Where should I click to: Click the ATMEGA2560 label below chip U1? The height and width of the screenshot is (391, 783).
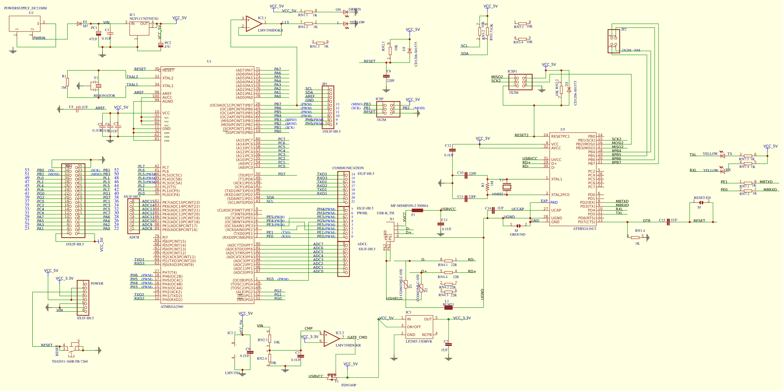pyautogui.click(x=171, y=307)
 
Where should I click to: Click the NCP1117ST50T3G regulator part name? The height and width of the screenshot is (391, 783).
pyautogui.click(x=144, y=19)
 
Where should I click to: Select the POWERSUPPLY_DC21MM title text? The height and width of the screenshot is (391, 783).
pyautogui.click(x=26, y=8)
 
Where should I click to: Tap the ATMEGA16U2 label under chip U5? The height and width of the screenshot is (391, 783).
pyautogui.click(x=584, y=229)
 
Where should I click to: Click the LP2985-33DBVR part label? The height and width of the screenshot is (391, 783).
pyautogui.click(x=419, y=342)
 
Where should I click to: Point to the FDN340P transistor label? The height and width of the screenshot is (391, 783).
pyautogui.click(x=349, y=385)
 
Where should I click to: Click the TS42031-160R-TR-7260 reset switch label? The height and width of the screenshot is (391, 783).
pyautogui.click(x=70, y=361)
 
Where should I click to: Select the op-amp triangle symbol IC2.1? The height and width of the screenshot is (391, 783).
pyautogui.click(x=253, y=24)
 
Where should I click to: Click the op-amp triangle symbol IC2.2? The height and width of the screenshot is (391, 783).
pyautogui.click(x=331, y=339)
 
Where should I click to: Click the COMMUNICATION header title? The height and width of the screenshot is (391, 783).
pyautogui.click(x=348, y=168)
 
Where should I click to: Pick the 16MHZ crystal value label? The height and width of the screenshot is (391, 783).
pyautogui.click(x=497, y=194)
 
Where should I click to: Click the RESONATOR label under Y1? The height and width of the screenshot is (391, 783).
pyautogui.click(x=104, y=96)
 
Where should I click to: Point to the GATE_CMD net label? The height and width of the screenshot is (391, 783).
pyautogui.click(x=357, y=337)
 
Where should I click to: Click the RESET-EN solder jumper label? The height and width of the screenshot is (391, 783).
pyautogui.click(x=702, y=198)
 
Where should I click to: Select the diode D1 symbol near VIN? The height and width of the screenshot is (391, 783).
pyautogui.click(x=79, y=24)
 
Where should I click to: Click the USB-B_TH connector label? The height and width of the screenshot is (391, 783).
pyautogui.click(x=385, y=213)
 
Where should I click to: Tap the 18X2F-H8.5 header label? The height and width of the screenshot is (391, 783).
pyautogui.click(x=75, y=244)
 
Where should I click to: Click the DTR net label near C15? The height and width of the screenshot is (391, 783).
pyautogui.click(x=646, y=221)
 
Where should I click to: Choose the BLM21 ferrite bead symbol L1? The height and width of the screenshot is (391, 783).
pyautogui.click(x=448, y=307)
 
